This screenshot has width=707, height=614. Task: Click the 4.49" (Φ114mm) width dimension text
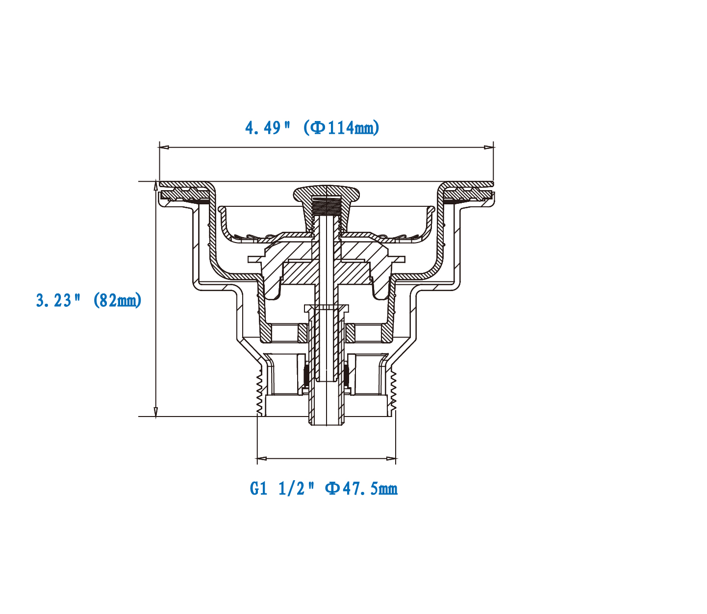click(312, 128)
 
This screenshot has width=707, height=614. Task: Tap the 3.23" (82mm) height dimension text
click(89, 300)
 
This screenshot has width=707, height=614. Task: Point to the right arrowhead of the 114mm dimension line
click(489, 147)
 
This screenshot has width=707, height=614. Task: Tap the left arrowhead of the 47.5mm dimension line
click(262, 459)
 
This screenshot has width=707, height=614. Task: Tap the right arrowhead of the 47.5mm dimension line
click(391, 459)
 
